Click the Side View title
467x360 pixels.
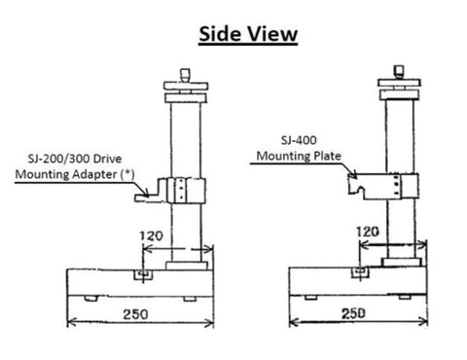pos(248,34)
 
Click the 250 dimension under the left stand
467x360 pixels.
pos(135,314)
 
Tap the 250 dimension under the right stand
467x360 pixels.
pos(353,313)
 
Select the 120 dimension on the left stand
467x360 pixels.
pos(151,235)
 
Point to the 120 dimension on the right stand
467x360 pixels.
pos(368,232)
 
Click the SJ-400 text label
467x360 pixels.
pos(299,140)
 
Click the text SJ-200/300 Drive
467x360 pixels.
pos(75,159)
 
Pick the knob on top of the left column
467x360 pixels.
pos(185,75)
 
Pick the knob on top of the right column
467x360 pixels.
pos(399,71)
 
